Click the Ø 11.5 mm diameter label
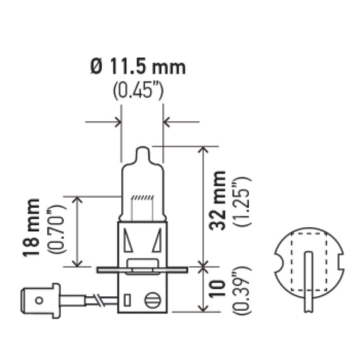138,68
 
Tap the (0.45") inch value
138,92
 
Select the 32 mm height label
217,200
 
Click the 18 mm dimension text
31,227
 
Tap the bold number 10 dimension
217,289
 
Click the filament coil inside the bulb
142,198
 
